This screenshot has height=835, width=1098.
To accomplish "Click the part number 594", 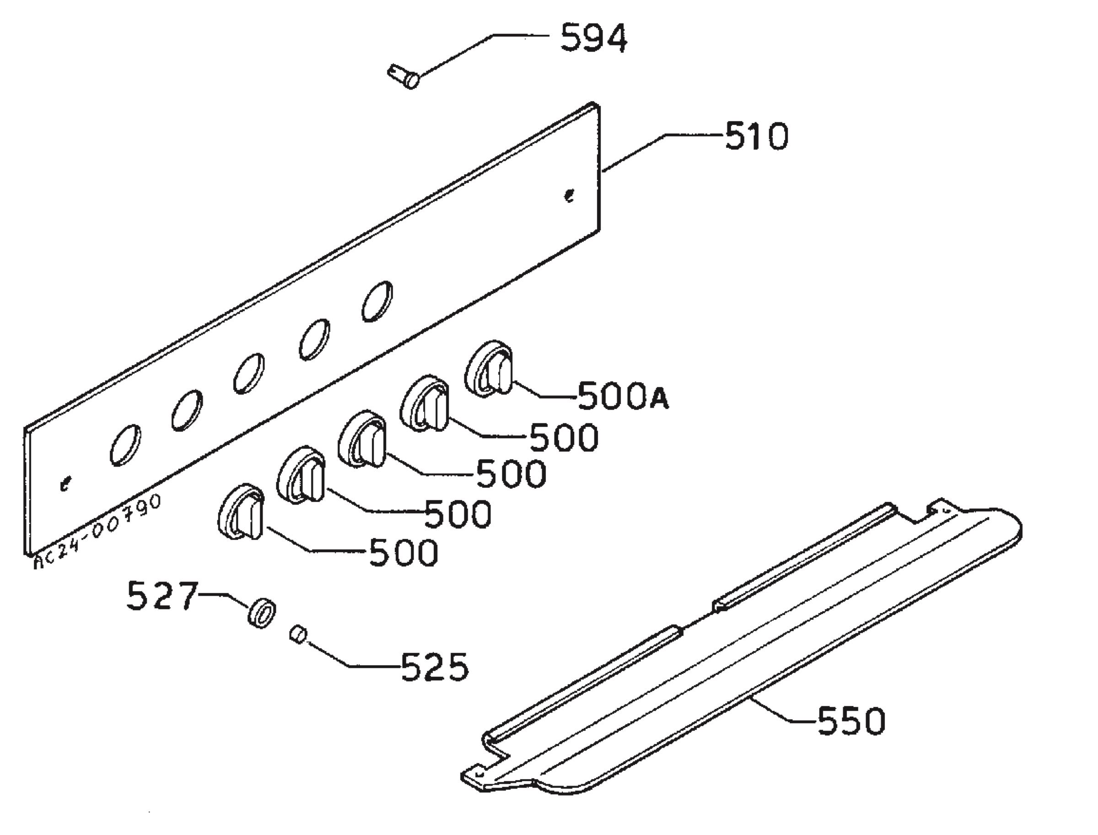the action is [x=594, y=39].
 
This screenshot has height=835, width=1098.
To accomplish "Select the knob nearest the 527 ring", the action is [x=241, y=512].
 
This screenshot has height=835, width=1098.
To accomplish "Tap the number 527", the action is [x=162, y=595].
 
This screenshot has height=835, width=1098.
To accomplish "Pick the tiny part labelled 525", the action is [x=298, y=635].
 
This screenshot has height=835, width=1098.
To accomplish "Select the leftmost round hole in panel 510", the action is [x=125, y=445].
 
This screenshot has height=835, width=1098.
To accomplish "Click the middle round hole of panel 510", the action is [x=248, y=374].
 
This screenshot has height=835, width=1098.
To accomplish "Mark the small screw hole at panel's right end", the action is [x=569, y=196].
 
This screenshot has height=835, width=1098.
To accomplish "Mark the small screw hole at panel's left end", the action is [x=65, y=483].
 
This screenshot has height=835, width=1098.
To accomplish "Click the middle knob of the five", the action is [x=361, y=439].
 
